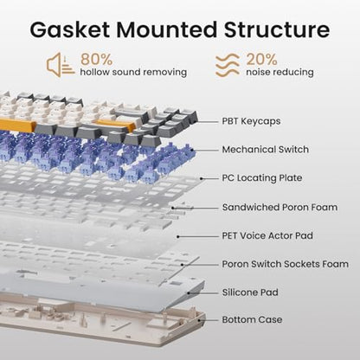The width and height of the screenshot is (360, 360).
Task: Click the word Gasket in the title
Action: point(69,29)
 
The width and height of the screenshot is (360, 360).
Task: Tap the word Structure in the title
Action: point(277,29)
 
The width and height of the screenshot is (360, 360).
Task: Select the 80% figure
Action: point(96,59)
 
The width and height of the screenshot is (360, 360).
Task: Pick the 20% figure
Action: point(261,59)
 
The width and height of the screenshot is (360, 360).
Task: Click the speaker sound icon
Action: point(61,65)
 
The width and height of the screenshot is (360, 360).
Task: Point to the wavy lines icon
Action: point(228,65)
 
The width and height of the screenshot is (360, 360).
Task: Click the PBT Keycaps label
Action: point(251,121)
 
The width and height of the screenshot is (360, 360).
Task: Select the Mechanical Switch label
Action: point(266,150)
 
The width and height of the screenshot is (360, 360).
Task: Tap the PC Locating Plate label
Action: point(262,178)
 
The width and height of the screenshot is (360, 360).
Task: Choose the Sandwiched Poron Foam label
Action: point(280,207)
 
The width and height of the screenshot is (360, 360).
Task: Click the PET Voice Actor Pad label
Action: point(267,235)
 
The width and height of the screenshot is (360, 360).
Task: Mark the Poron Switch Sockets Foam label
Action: point(286,264)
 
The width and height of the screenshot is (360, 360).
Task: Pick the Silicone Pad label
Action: point(250,292)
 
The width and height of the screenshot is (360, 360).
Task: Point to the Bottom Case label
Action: point(252,319)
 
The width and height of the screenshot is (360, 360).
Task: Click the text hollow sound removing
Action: point(133,72)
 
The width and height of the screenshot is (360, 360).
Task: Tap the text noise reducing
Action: point(280,72)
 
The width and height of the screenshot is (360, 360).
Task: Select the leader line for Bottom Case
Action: point(209,320)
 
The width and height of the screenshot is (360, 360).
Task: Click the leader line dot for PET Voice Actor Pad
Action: point(178,236)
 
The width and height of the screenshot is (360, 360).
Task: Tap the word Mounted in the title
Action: point(166,29)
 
